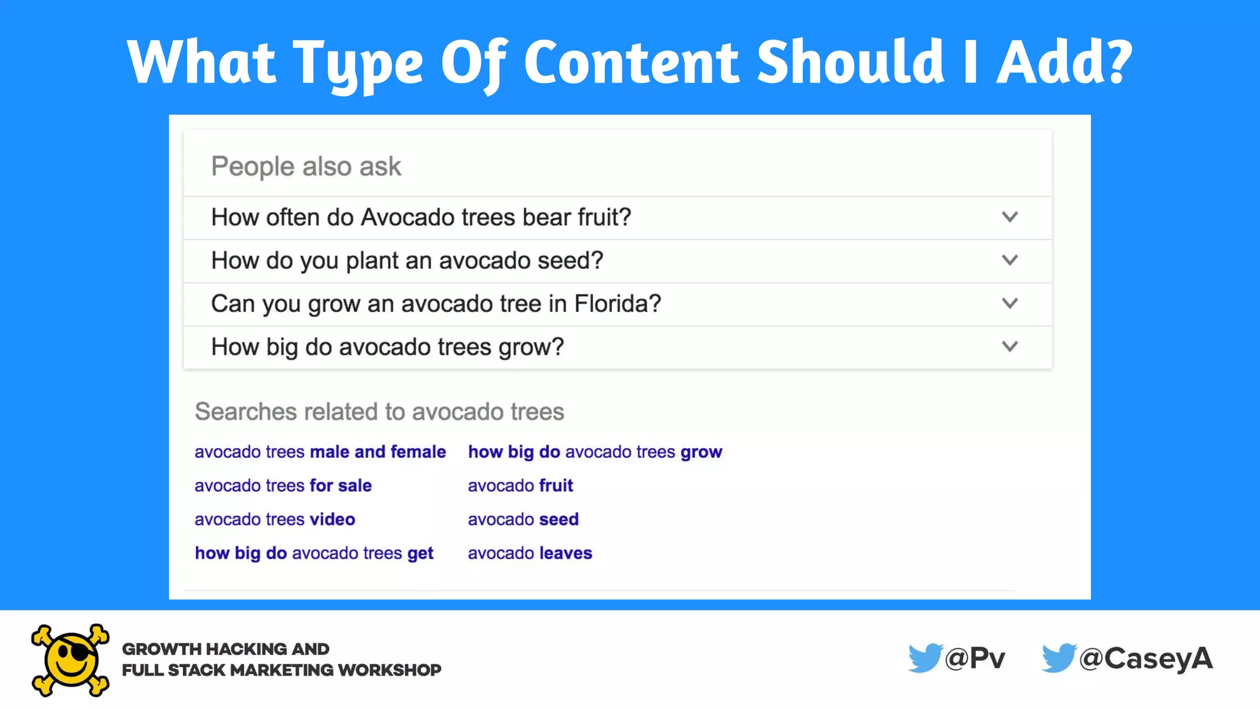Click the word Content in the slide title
pos(631,62)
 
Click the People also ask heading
pos(306,167)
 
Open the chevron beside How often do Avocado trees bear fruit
pos(1010,217)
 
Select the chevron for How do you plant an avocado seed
pos(1010,260)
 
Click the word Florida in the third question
pos(617,304)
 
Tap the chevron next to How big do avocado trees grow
pos(1010,346)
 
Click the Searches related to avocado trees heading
pos(379,412)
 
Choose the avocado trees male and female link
pos(320,452)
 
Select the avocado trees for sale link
pos(283,486)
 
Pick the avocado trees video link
pos(274,519)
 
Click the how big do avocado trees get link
pos(314,553)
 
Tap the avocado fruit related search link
pos(520,486)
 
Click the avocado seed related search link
pos(523,519)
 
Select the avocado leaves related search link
pos(530,553)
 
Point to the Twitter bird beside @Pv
pos(924,658)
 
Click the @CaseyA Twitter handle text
pos(1146,659)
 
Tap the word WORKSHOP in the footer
pos(389,670)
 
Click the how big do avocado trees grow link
pos(595,452)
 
